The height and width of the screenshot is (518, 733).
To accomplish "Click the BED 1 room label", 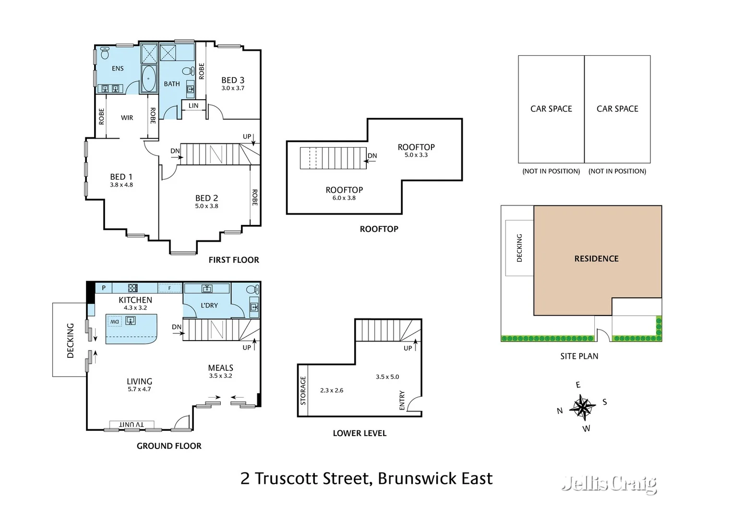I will click(121, 177).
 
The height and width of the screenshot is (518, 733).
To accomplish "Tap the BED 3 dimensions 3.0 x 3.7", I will click(233, 88).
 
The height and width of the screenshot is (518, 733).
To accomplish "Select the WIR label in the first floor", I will click(127, 118).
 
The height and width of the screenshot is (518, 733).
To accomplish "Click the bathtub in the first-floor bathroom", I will click(149, 79).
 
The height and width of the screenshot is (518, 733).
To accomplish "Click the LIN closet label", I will click(193, 106).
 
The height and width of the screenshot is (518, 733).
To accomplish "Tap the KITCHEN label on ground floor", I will click(135, 300).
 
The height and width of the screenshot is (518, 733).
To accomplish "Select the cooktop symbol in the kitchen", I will click(133, 288).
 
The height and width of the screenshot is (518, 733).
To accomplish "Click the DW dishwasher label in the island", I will click(114, 322).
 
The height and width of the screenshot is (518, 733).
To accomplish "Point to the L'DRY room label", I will click(209, 306).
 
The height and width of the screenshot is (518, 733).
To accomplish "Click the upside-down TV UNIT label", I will click(131, 424).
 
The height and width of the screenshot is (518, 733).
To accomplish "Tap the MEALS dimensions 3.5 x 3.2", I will click(220, 376).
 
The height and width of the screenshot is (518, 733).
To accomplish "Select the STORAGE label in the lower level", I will click(303, 390).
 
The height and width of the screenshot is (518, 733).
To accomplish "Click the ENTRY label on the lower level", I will click(402, 400).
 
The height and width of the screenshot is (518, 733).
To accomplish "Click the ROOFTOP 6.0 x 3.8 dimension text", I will click(344, 198).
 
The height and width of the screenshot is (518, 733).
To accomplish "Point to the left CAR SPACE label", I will click(551, 109).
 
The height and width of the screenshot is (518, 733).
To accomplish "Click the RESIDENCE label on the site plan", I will click(596, 259).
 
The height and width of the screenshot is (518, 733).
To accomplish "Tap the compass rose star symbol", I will click(582, 407).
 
